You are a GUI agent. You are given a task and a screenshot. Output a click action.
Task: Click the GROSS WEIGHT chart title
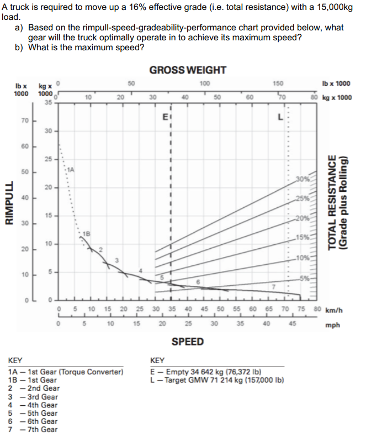click(188, 70)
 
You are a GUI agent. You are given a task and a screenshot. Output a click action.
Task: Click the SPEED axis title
click(187, 342)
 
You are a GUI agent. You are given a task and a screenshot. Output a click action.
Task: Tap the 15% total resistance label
click(301, 238)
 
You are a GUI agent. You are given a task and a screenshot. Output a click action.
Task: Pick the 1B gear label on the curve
click(87, 234)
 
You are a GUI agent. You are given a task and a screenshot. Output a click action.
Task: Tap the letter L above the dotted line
click(280, 117)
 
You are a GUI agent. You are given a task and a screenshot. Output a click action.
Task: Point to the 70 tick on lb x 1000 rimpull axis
click(25, 119)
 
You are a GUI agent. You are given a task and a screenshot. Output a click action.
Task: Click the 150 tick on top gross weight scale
click(278, 83)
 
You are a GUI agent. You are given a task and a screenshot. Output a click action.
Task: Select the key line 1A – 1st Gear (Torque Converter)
click(65, 371)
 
